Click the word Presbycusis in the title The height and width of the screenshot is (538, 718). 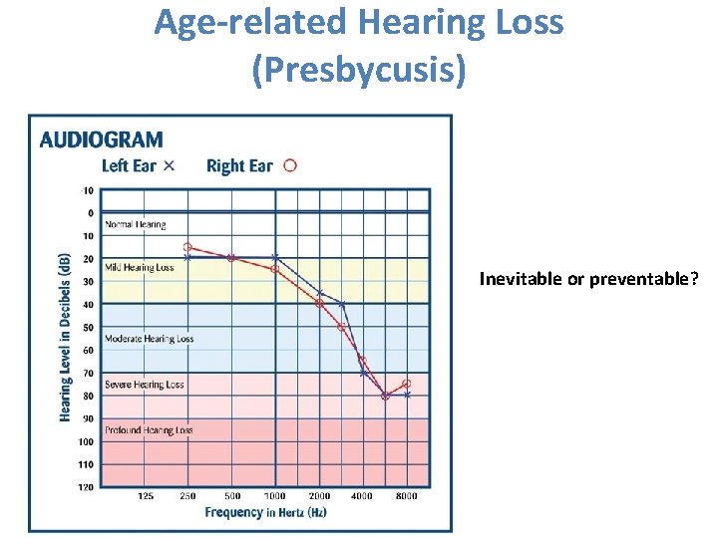pyautogui.click(x=358, y=71)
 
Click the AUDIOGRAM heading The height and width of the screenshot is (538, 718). pyautogui.click(x=101, y=140)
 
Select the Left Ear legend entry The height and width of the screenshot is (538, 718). pyautogui.click(x=139, y=165)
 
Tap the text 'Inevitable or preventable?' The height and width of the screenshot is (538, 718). pyautogui.click(x=587, y=279)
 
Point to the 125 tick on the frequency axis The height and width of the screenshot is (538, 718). pyautogui.click(x=145, y=495)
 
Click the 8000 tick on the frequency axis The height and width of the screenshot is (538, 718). pyautogui.click(x=407, y=495)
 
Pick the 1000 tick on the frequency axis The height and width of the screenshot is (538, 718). pyautogui.click(x=275, y=495)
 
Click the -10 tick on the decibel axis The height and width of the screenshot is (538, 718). pyautogui.click(x=87, y=190)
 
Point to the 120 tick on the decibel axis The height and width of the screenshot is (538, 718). pyautogui.click(x=87, y=487)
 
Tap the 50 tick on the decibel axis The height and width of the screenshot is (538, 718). pyautogui.click(x=88, y=328)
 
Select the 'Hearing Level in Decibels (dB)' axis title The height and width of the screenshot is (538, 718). pyautogui.click(x=65, y=336)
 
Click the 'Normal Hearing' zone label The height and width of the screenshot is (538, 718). pyautogui.click(x=136, y=225)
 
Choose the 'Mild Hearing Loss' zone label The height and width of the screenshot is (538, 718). pyautogui.click(x=140, y=267)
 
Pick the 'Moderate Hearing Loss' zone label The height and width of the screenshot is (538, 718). pyautogui.click(x=150, y=339)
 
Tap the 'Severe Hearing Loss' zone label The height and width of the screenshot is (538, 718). pyautogui.click(x=145, y=385)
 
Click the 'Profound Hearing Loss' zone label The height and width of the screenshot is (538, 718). pyautogui.click(x=149, y=430)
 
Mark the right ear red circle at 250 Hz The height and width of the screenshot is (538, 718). pyautogui.click(x=187, y=247)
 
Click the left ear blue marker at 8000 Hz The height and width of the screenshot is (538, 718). pyautogui.click(x=407, y=396)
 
